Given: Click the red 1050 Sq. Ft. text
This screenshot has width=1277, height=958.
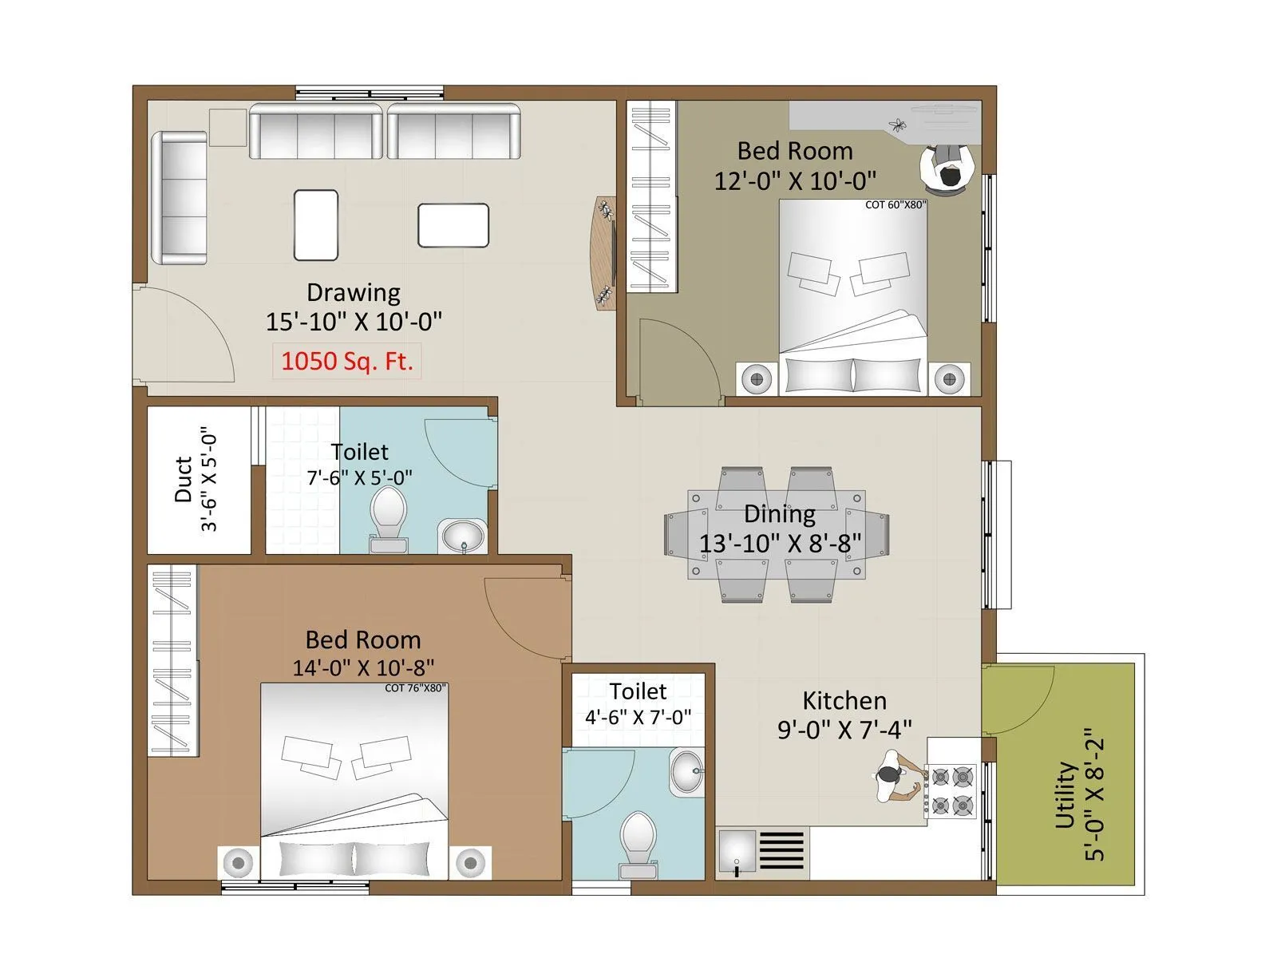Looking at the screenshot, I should (347, 362).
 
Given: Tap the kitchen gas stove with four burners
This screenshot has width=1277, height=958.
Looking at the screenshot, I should (951, 790).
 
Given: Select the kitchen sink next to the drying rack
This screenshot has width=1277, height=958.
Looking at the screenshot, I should (737, 853).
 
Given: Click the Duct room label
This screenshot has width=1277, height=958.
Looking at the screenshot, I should (184, 479).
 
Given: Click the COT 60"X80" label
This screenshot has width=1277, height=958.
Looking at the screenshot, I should (895, 205).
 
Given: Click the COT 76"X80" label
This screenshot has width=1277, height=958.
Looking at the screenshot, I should (415, 688).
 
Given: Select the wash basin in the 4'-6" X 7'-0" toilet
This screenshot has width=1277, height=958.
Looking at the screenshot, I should (686, 772).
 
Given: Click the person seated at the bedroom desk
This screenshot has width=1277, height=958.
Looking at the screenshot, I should (947, 168).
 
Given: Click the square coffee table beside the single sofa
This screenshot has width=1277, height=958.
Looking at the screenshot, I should (316, 224).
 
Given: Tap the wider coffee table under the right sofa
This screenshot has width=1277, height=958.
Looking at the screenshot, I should (453, 225).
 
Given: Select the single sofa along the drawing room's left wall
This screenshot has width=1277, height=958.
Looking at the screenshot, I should (180, 198).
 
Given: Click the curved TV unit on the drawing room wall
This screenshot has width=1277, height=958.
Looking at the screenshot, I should (603, 252).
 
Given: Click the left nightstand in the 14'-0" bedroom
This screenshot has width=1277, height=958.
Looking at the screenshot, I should (237, 863).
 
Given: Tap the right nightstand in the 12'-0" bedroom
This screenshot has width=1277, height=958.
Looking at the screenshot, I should (949, 378).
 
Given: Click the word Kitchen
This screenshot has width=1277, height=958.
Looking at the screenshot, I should (844, 701).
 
